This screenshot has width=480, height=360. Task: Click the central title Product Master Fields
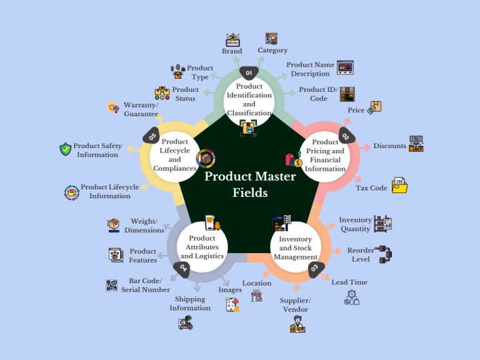pos(250,184)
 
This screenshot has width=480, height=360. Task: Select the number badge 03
pos(314,267)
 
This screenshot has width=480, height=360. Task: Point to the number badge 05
pos(152,136)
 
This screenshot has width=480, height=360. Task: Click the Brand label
pos(232,51)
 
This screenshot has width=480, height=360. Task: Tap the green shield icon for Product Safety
pos(65,149)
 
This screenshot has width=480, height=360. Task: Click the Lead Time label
pos(349,282)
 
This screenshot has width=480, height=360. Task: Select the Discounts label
pos(389,146)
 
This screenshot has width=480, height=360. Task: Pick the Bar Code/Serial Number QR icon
pos(112,285)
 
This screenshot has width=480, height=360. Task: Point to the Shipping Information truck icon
pos(186,323)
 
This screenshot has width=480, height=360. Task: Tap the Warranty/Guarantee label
pos(141,109)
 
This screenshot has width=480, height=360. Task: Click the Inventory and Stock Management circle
pos(295,248)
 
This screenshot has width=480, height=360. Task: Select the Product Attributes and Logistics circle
pos(202,247)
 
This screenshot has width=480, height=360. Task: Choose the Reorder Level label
pos(361,255)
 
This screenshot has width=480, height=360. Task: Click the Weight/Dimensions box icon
pos(114,224)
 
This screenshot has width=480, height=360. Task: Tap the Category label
pos(272,50)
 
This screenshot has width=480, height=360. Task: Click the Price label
pos(356,111)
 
